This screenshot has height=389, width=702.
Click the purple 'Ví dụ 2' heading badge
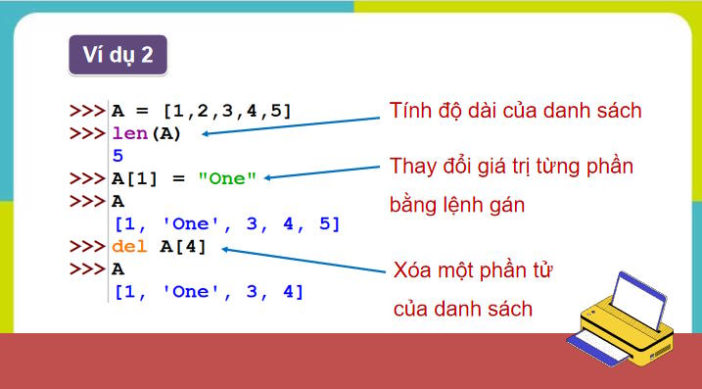[117, 55]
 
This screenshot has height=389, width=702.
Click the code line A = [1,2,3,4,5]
[202, 110]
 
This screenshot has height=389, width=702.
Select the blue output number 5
[117, 155]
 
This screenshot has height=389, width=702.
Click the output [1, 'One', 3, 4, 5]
[226, 223]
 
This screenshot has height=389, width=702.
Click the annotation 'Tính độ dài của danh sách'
[515, 110]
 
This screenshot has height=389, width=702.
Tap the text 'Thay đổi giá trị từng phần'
[511, 166]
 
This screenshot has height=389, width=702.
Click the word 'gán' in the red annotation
[506, 207]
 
